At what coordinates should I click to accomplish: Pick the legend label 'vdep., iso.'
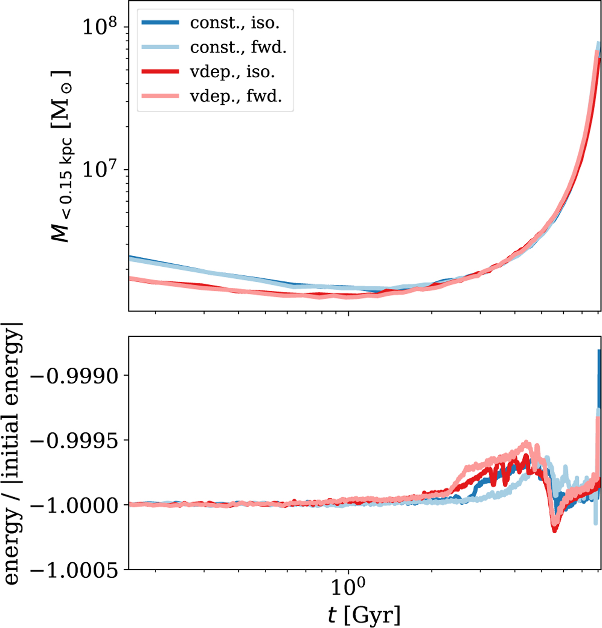click(232, 71)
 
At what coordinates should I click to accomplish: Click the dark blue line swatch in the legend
click(160, 23)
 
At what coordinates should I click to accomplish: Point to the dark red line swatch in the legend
click(160, 71)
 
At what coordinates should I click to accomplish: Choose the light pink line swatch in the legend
click(160, 96)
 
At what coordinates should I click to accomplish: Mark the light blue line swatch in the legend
click(160, 47)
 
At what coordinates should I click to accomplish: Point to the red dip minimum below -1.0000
click(554, 530)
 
